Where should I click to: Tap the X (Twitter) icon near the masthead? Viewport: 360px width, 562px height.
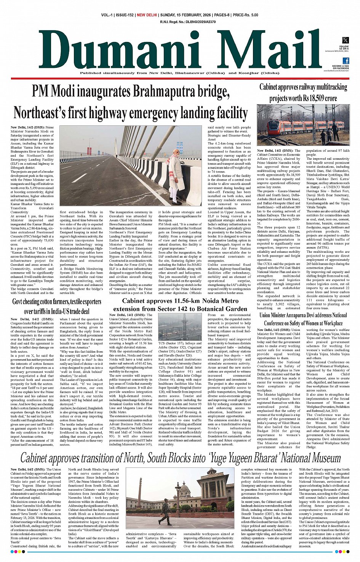click(345, 40)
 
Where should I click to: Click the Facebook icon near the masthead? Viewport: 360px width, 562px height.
click(346, 61)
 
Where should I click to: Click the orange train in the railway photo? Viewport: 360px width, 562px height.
click(301, 126)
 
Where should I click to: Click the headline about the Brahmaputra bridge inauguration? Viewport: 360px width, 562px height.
click(131, 102)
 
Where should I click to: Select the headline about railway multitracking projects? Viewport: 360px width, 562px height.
click(303, 92)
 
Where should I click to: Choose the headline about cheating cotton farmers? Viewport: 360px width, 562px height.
click(57, 306)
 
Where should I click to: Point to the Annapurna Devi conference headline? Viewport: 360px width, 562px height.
click(303, 319)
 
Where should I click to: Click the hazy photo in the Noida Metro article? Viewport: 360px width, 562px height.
click(180, 327)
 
